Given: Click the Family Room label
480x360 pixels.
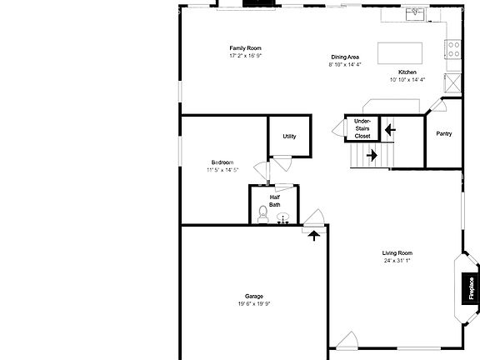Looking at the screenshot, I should tap(246, 48).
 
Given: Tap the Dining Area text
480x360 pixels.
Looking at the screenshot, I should tap(344, 57).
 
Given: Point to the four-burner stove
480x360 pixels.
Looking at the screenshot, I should tap(452, 49).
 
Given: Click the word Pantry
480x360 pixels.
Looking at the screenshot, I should tap(444, 133).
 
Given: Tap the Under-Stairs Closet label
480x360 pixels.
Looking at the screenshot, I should tap(362, 128).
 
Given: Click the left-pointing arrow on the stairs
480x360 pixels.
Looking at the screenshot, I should tap(389, 129).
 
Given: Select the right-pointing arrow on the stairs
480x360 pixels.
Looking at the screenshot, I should tap(372, 154).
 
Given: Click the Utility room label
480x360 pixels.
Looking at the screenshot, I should tap(289, 137).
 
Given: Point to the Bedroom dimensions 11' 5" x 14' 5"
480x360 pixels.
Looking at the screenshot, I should tap(222, 170).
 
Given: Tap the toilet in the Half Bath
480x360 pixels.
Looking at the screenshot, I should tap(262, 213).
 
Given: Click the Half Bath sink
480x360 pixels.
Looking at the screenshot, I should tap(282, 218).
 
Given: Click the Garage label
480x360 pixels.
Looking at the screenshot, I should tap(254, 297).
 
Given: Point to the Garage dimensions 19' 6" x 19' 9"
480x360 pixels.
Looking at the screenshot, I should tap(254, 304).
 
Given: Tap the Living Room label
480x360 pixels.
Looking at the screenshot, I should tap(397, 253).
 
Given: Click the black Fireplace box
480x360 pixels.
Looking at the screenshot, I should tap(471, 287).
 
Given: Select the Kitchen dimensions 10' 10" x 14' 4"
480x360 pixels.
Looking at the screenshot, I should tap(407, 79).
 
